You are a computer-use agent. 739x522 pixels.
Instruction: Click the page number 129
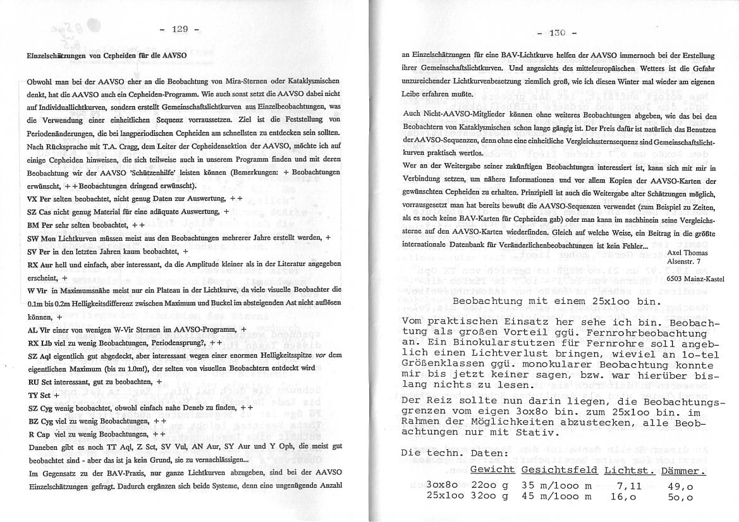[x=180, y=29]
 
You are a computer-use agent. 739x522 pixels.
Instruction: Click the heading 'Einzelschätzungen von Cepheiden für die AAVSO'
[x=106, y=56]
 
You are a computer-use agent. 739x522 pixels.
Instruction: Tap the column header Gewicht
[x=492, y=471]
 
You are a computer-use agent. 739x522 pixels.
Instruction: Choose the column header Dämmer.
[x=682, y=471]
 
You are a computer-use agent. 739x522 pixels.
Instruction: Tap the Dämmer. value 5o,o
[x=680, y=497]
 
